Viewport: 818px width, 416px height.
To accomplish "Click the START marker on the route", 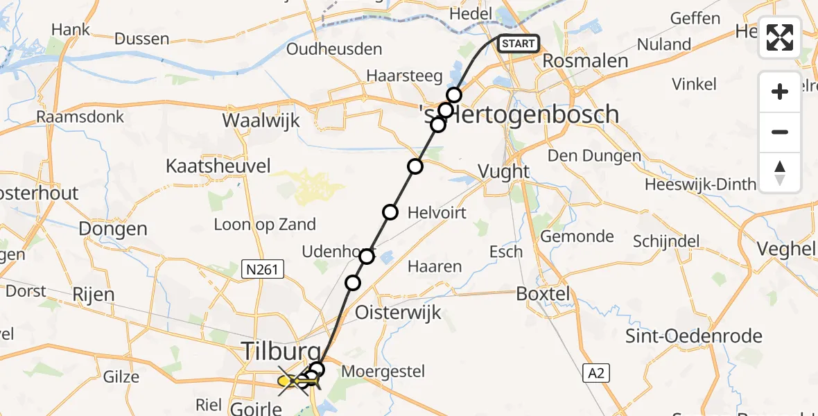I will point(518,44).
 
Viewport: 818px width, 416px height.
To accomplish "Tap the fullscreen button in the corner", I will point(780,37).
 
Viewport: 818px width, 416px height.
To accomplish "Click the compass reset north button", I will point(780,173).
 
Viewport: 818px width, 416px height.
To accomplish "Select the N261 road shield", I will point(263,269).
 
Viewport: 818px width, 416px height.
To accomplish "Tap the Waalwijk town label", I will point(261,120).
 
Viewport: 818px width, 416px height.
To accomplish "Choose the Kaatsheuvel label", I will point(218,166).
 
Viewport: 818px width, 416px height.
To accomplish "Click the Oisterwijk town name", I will point(398,313).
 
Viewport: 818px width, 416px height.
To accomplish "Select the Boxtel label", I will point(543,294).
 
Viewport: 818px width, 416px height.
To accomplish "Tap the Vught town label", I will point(505,171).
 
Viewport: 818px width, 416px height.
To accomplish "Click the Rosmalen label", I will point(585,61).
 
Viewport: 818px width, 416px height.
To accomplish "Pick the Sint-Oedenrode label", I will point(693,336).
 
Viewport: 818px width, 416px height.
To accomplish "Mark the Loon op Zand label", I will point(265,224).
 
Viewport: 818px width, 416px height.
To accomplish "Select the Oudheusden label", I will point(334,49).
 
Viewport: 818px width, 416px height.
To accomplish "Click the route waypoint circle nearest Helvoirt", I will point(390,212).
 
